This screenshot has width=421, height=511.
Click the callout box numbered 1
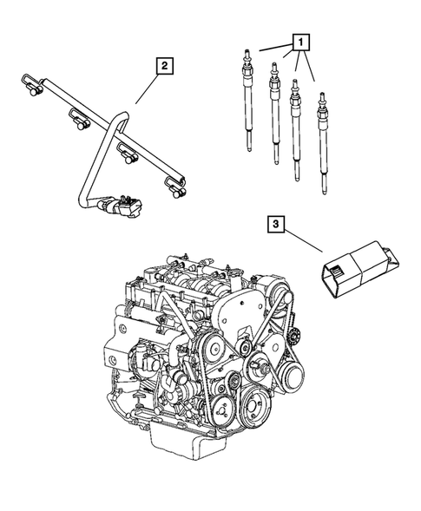300,41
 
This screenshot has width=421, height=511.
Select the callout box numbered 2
161,64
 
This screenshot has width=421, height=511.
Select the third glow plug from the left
296,130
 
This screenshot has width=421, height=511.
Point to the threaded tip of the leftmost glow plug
247,54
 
